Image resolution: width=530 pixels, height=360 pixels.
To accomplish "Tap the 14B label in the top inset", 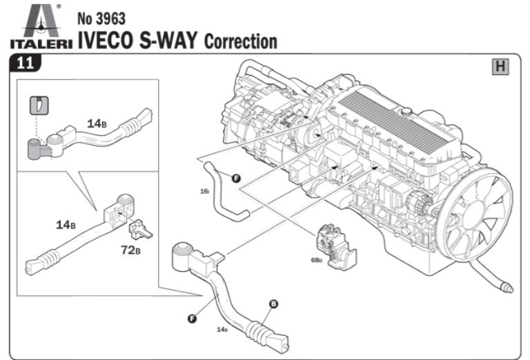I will (96, 123).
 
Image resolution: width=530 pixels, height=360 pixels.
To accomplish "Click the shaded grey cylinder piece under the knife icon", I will (36, 148).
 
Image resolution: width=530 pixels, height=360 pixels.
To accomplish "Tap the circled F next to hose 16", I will (236, 179).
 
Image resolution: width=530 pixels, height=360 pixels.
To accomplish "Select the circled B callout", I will (273, 303).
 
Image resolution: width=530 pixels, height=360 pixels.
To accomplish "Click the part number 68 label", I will (316, 261).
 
